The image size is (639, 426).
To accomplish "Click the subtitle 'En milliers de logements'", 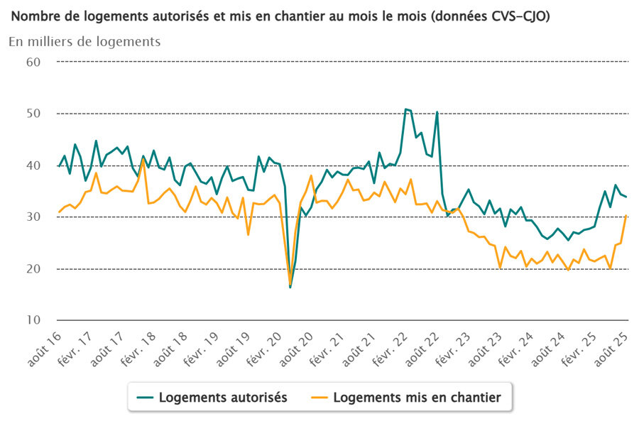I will click(x=84, y=41).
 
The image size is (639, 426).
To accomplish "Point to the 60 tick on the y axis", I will click(x=34, y=62).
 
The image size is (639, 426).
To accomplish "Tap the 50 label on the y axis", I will click(x=34, y=114).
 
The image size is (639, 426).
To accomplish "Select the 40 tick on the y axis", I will click(x=34, y=165).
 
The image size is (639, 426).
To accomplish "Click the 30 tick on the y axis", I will click(x=34, y=217).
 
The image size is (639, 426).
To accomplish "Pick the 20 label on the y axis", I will click(x=34, y=269).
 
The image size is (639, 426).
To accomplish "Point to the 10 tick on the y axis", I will click(x=34, y=321).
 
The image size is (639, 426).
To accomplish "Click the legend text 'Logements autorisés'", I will click(x=223, y=398).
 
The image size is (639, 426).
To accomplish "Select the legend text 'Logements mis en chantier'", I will click(x=417, y=398).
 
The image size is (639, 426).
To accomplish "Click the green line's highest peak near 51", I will click(x=405, y=109).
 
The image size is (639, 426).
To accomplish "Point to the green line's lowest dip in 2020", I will click(x=290, y=287).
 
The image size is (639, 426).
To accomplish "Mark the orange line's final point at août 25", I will click(x=626, y=214).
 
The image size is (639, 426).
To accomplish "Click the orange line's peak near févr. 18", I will click(x=143, y=160).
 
